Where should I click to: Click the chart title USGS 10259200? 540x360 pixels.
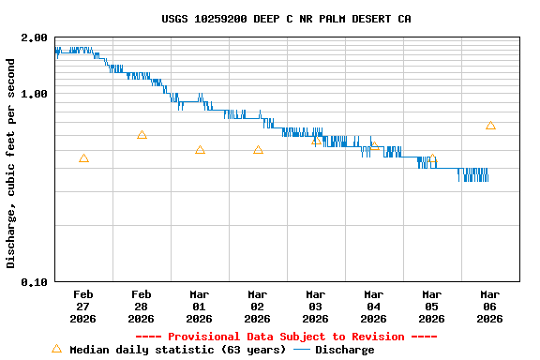pos(286,19)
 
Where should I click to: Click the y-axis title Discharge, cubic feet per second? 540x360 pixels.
pos(11,163)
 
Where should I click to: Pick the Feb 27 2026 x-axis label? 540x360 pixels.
pos(83,307)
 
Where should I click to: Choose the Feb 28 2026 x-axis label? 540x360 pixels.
pos(142,307)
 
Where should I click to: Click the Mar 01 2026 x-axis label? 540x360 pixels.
pos(200,307)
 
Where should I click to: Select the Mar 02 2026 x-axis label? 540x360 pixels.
pos(258,307)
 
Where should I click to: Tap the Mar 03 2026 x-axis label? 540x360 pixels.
pos(316,307)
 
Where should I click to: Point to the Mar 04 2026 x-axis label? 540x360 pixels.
pos(374,307)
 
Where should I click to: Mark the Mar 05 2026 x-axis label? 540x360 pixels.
pos(432,307)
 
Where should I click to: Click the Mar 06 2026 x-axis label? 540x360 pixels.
pos(490,307)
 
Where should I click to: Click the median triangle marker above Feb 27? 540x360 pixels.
pos(83,159)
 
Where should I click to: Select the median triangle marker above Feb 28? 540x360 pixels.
pos(142,135)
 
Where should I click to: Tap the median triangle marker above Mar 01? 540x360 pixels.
pos(200,150)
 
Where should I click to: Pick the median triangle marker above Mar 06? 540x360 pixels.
pos(490,126)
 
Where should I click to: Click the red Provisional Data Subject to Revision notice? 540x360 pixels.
pos(286,337)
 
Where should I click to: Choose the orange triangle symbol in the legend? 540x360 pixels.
pos(56,349)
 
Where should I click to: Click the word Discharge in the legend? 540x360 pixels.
pos(344,350)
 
